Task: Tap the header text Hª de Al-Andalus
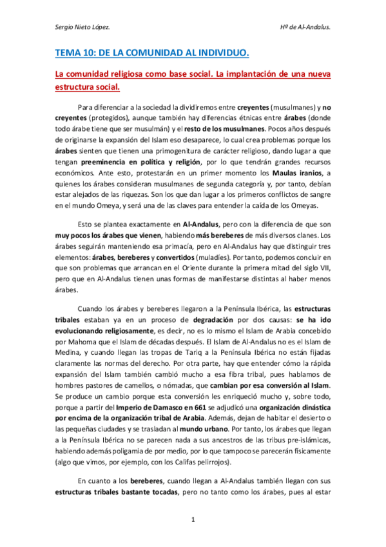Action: tap(306, 28)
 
